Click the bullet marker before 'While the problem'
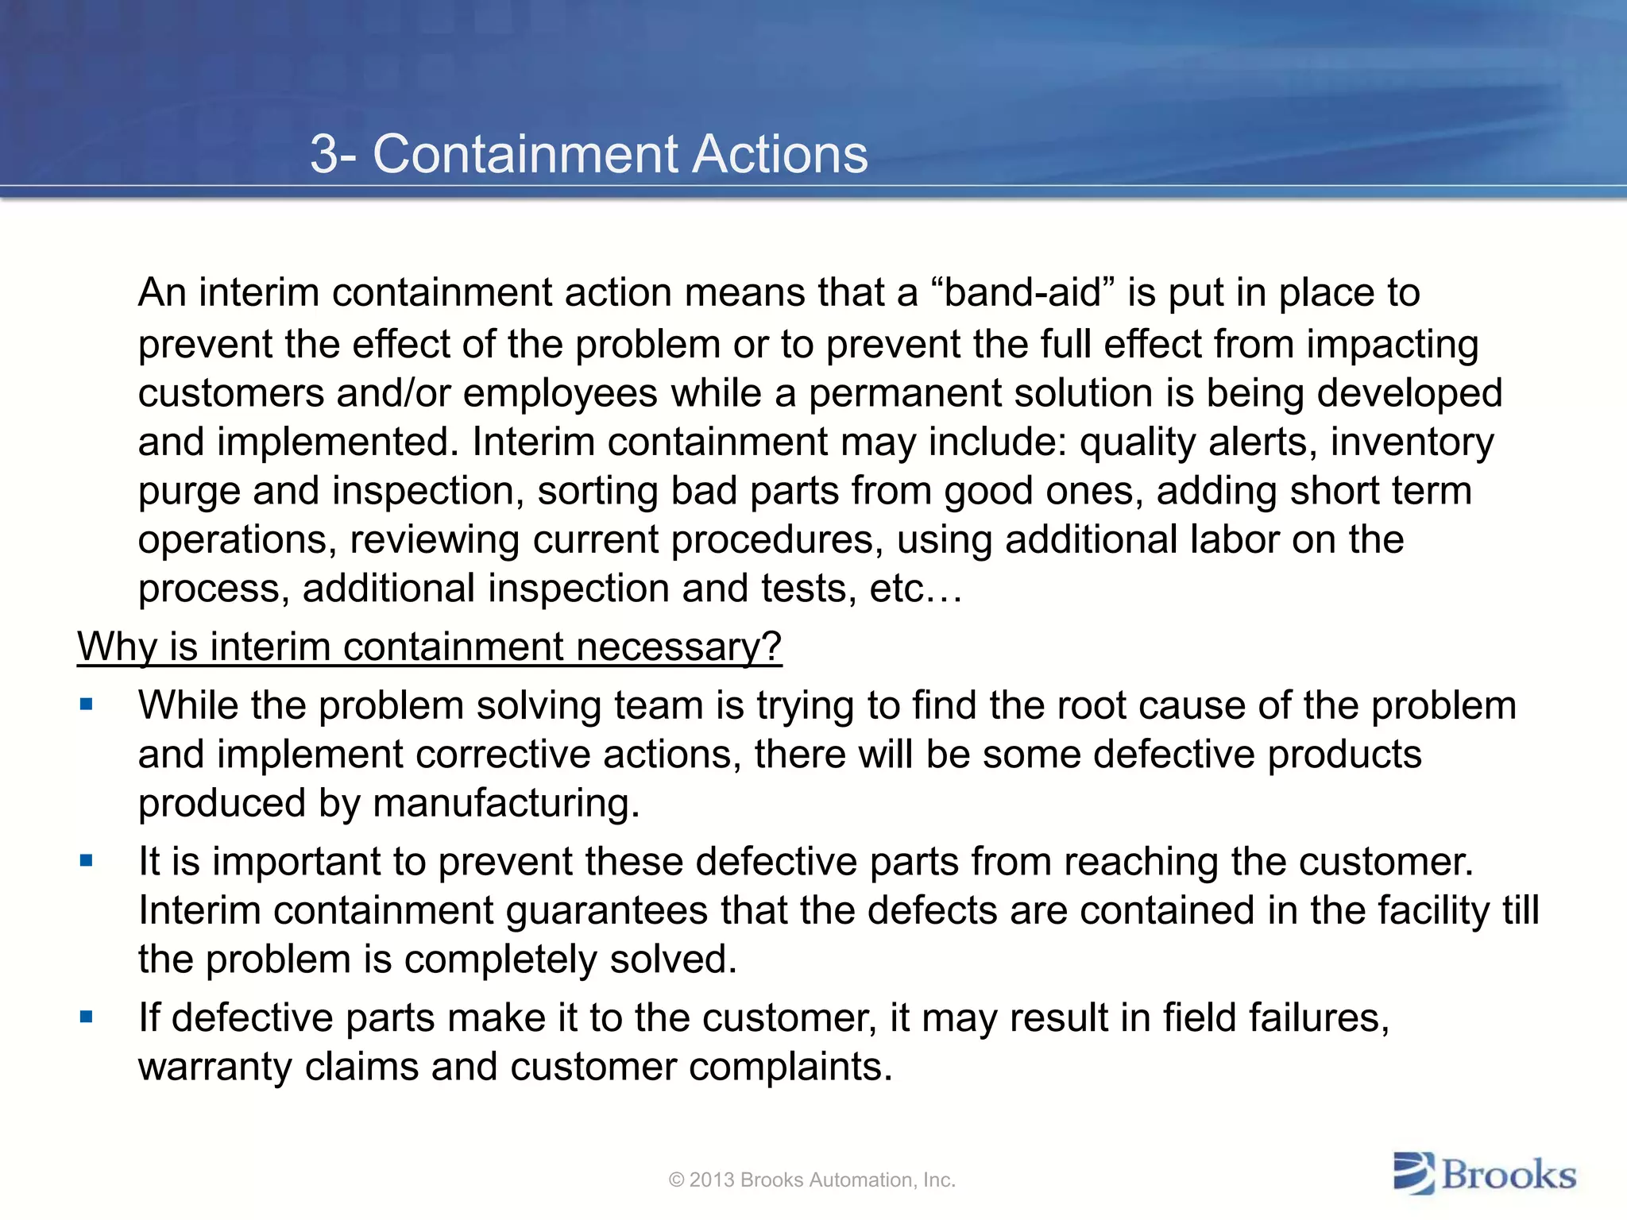pyautogui.click(x=87, y=705)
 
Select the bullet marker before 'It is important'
pyautogui.click(x=87, y=860)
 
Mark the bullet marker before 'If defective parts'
pyautogui.click(x=87, y=1016)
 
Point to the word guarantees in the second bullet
pyautogui.click(x=606, y=910)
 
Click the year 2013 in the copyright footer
pyautogui.click(x=712, y=1180)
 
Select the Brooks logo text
pyautogui.click(x=1509, y=1175)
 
